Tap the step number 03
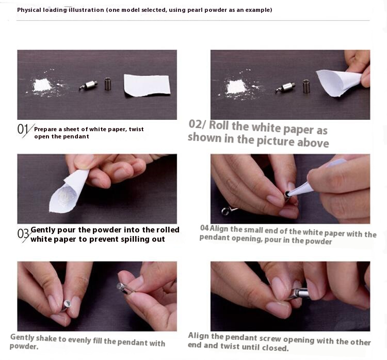click(x=23, y=234)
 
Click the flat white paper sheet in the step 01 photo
click(x=147, y=85)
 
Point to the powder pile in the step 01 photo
click(x=42, y=85)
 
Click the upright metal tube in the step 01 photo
click(x=108, y=84)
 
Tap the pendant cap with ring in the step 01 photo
click(x=88, y=85)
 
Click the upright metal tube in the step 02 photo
click(x=307, y=86)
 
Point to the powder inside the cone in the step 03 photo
click(x=66, y=196)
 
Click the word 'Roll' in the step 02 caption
click(x=219, y=125)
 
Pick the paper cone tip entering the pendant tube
click(x=289, y=194)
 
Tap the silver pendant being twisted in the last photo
click(x=299, y=293)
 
